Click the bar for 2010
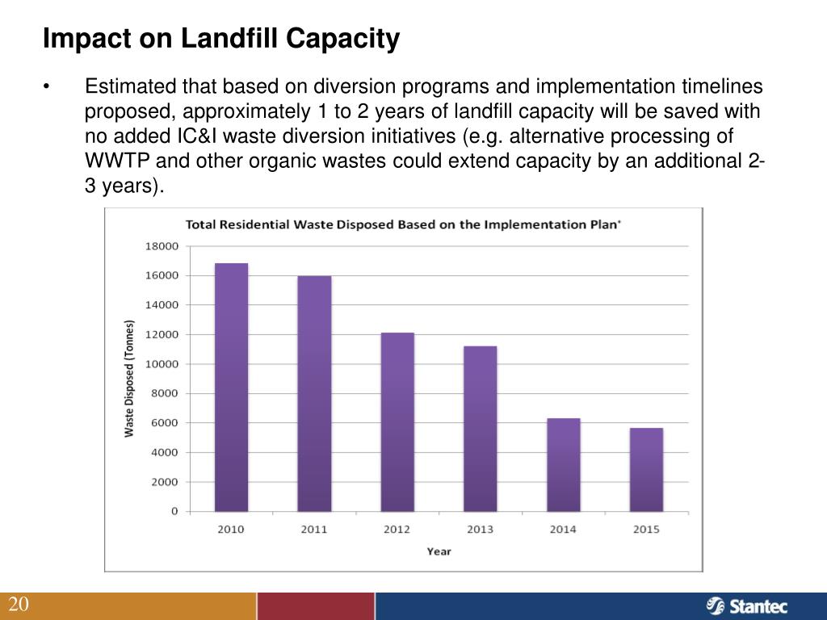231,387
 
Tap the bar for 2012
397,422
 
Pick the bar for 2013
480,429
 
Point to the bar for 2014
563,465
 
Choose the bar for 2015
646,470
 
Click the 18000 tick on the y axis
162,246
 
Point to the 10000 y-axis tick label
162,364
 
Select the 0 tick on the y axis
174,512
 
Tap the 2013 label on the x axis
480,530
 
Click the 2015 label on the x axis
646,530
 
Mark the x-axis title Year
439,552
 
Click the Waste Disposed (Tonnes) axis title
129,379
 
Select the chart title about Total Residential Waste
403,224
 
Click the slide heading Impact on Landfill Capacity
220,38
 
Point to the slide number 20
19,605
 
